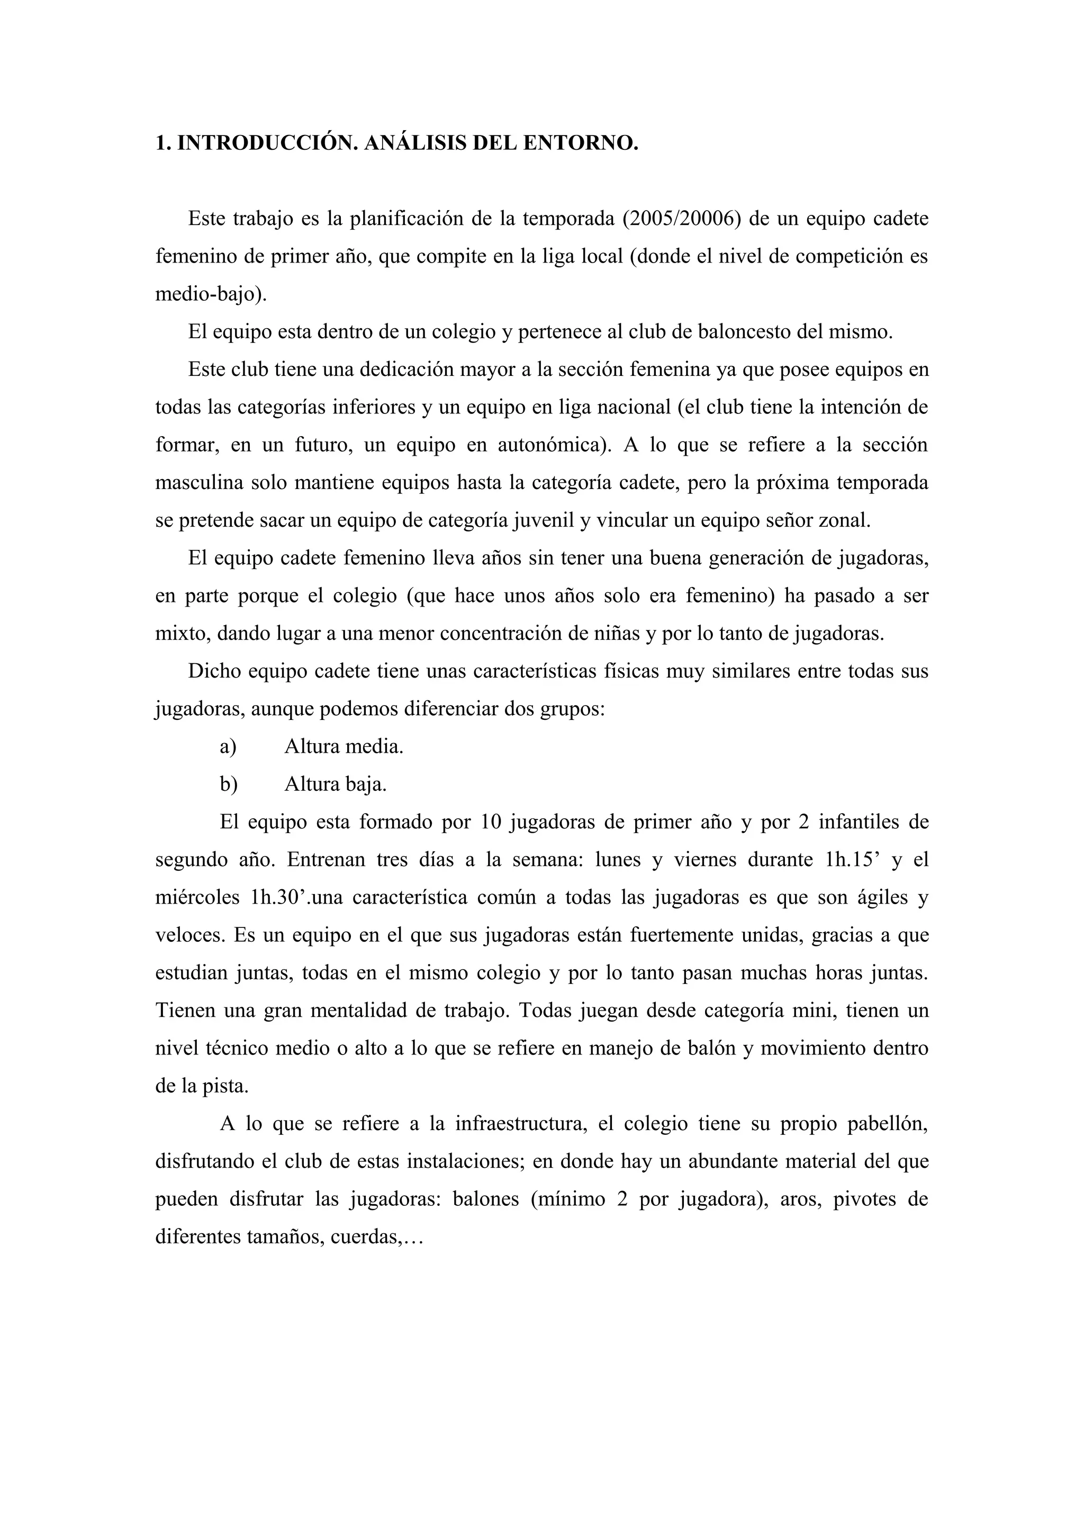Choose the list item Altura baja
click(335, 784)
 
